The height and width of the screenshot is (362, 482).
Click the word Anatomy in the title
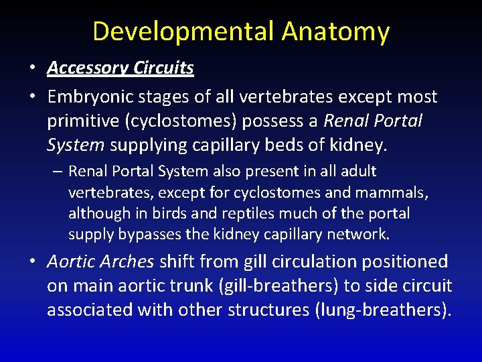tap(335, 32)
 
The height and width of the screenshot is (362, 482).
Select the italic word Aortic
tap(73, 262)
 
